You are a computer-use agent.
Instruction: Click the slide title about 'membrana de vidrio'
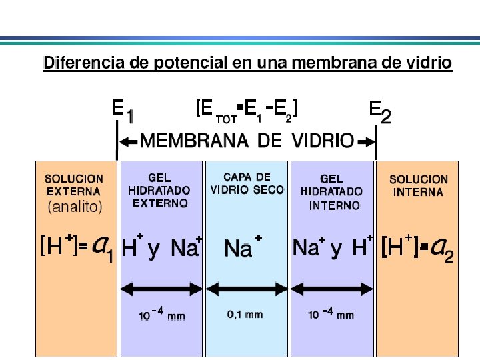click(x=247, y=63)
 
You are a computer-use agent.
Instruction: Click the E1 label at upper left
click(x=123, y=111)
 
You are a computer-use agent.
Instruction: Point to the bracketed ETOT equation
click(x=247, y=110)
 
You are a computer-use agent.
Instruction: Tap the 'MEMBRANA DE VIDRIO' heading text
click(x=247, y=141)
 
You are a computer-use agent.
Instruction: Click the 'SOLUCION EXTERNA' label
click(x=74, y=185)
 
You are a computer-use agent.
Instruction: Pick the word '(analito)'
click(x=75, y=207)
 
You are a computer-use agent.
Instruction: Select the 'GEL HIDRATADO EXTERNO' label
click(x=159, y=191)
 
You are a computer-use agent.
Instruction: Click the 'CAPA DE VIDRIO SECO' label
click(x=247, y=183)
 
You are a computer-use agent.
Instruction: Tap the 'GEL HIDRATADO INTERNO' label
click(x=332, y=192)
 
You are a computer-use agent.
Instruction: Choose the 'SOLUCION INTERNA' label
click(x=419, y=186)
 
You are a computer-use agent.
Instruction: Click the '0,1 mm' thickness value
click(x=245, y=314)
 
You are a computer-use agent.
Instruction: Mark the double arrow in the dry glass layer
click(x=247, y=289)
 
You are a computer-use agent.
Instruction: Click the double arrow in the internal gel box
click(x=332, y=289)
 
